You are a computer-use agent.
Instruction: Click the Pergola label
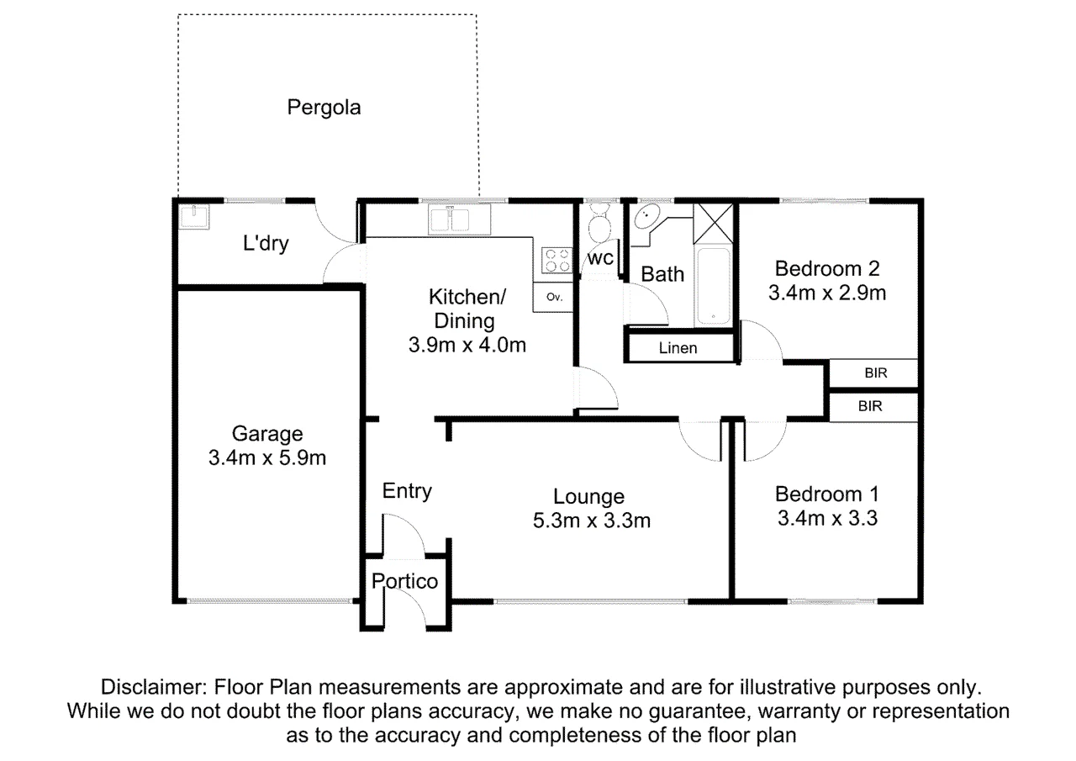click(324, 108)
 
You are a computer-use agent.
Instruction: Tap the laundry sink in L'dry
click(194, 217)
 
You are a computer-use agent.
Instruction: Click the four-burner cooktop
click(557, 260)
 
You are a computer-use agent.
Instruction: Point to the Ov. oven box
click(553, 297)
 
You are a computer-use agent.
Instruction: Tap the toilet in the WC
click(599, 224)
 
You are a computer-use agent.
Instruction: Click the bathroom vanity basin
click(646, 217)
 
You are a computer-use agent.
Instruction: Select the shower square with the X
click(714, 224)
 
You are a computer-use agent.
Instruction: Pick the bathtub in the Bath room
click(714, 286)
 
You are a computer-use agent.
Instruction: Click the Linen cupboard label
click(678, 348)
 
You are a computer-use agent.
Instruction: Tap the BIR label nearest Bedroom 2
click(875, 373)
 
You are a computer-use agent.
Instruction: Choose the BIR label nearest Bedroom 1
click(870, 406)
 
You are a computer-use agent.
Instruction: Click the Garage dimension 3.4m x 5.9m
click(267, 457)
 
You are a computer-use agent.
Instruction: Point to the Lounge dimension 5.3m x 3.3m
click(591, 521)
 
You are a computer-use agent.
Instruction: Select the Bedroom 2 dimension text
click(826, 293)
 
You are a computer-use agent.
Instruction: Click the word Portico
click(404, 582)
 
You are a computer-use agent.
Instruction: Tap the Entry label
click(407, 491)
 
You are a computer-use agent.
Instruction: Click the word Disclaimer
click(154, 687)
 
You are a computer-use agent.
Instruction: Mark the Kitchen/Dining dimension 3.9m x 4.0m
click(467, 345)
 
